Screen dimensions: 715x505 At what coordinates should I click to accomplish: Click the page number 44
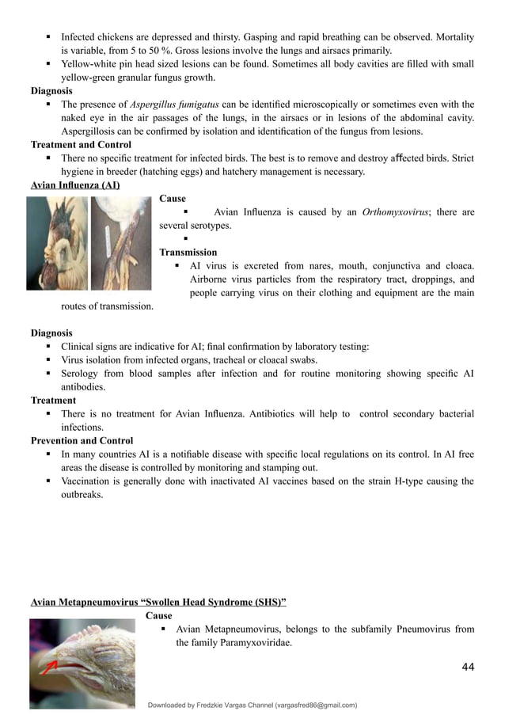click(467, 668)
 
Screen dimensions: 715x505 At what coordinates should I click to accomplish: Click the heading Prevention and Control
click(82, 440)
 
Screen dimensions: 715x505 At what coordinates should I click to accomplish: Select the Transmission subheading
click(188, 253)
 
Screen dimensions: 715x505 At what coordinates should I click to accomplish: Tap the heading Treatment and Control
click(81, 145)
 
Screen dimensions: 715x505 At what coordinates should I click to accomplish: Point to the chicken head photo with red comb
click(56, 243)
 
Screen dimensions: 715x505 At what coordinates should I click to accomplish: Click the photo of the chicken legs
click(119, 243)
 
